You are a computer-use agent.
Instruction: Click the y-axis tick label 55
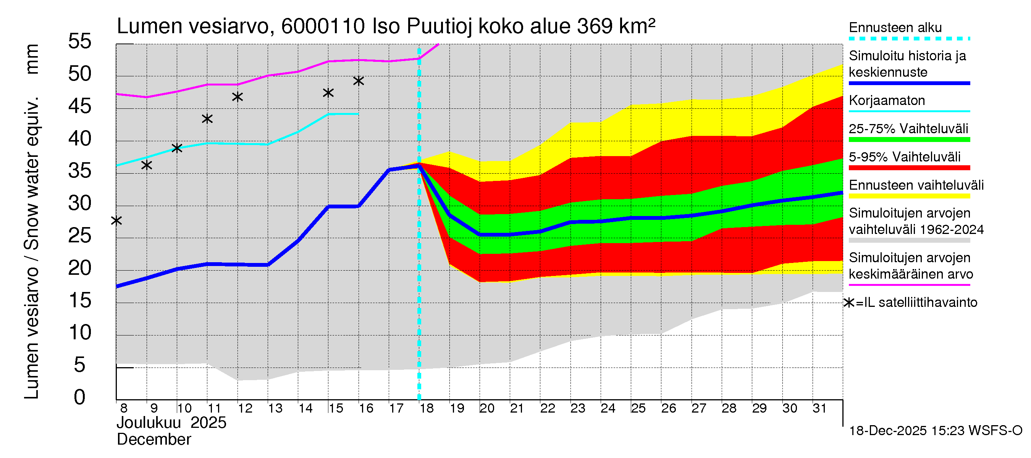(80, 41)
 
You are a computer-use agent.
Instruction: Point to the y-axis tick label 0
(80, 397)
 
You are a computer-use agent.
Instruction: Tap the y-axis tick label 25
(80, 235)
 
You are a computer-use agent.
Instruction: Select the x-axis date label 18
(427, 408)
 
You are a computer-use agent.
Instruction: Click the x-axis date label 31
(819, 408)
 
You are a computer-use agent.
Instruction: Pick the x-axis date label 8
(124, 408)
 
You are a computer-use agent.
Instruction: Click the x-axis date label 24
(608, 408)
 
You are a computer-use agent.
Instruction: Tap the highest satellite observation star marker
(358, 81)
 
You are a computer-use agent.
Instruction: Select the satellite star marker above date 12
(238, 97)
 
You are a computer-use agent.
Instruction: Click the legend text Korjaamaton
(887, 100)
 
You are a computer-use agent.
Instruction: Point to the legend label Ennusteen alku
(895, 27)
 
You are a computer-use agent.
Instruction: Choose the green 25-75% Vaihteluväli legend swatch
(909, 140)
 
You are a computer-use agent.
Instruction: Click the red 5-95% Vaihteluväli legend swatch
(909, 168)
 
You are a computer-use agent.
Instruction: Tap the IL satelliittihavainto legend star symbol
(849, 303)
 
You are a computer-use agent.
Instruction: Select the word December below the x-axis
(154, 440)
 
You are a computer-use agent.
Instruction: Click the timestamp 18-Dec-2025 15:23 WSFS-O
(935, 431)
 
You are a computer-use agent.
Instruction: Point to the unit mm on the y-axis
(32, 59)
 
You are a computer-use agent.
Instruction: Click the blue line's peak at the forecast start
(419, 164)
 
